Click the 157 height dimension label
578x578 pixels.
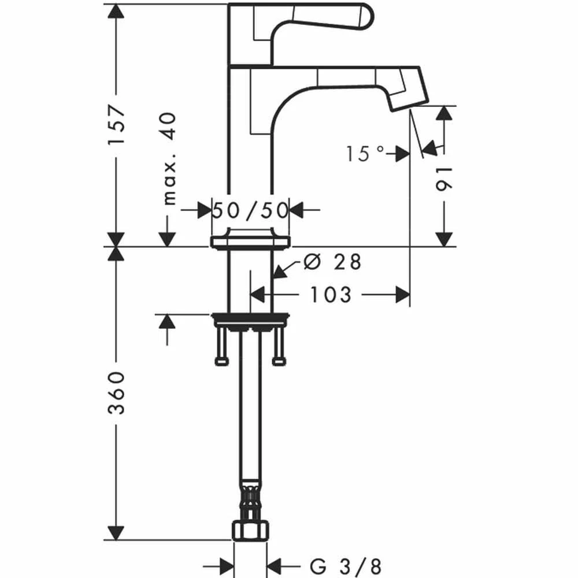point(117,125)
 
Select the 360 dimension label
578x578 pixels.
point(117,393)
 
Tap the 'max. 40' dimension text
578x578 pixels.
point(169,159)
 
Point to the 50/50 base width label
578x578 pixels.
point(250,211)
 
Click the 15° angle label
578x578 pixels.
point(365,153)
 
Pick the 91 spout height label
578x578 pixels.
point(443,180)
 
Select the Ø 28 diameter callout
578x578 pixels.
point(332,262)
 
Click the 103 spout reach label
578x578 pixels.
point(331,295)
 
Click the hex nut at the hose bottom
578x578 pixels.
point(250,530)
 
